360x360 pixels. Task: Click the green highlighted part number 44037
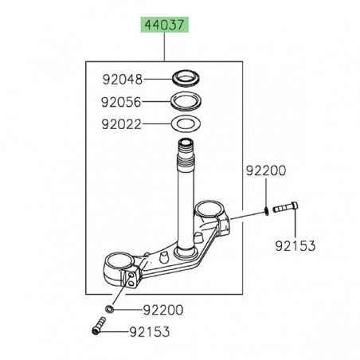coord(165,25)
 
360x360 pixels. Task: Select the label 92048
coord(123,79)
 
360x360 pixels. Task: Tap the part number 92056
coord(123,102)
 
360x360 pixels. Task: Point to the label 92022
coord(123,124)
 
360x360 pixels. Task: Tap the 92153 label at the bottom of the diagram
coord(147,329)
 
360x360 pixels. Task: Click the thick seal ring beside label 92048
coord(189,79)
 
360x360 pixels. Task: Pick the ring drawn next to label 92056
coord(189,101)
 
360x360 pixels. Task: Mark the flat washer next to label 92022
coord(189,124)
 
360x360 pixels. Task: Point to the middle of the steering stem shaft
coord(189,199)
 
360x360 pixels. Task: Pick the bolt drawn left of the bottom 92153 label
coord(100,327)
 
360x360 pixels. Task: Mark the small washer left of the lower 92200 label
coord(109,307)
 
